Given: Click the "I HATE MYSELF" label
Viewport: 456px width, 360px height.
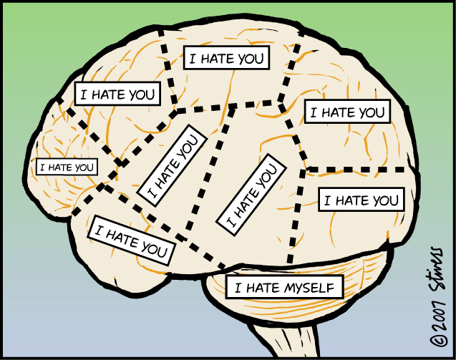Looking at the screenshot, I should pos(284,288).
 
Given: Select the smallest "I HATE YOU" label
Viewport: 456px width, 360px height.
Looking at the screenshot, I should pos(67,167).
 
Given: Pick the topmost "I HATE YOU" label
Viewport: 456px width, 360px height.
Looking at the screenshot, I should pos(226,58).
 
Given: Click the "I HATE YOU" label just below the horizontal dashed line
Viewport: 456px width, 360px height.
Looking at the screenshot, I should pos(361,200).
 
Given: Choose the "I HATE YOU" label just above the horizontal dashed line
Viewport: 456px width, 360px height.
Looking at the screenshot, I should pos(347,112).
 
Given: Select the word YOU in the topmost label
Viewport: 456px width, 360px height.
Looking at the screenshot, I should pos(250,58).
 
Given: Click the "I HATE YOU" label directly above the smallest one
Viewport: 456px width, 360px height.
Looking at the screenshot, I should pos(117,94).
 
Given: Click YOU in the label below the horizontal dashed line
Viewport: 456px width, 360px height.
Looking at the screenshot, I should pos(384,200).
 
